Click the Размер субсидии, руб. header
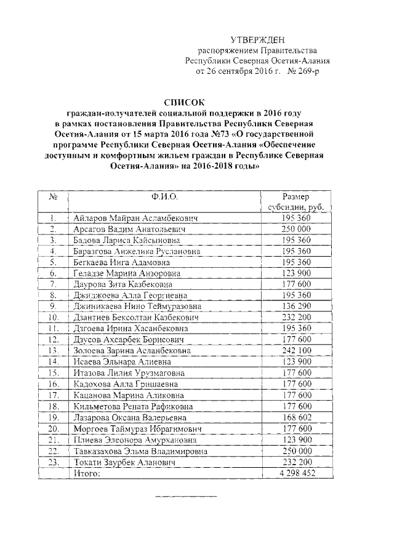[297, 202]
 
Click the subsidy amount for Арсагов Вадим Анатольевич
[297, 229]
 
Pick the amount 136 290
[297, 306]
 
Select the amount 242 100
[297, 350]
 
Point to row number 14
[54, 361]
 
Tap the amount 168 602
[297, 417]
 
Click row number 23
[54, 462]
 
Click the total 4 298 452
[297, 473]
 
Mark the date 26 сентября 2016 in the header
[243, 72]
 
